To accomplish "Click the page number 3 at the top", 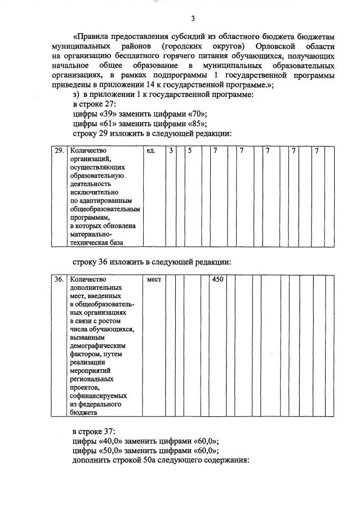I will pyautogui.click(x=193, y=19).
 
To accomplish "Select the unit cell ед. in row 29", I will pyautogui.click(x=150, y=151).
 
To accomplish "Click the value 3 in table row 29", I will pyautogui.click(x=171, y=151).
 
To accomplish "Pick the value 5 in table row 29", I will pyautogui.click(x=190, y=151).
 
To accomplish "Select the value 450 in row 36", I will pyautogui.click(x=218, y=279).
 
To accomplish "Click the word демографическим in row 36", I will pyautogui.click(x=97, y=345).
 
